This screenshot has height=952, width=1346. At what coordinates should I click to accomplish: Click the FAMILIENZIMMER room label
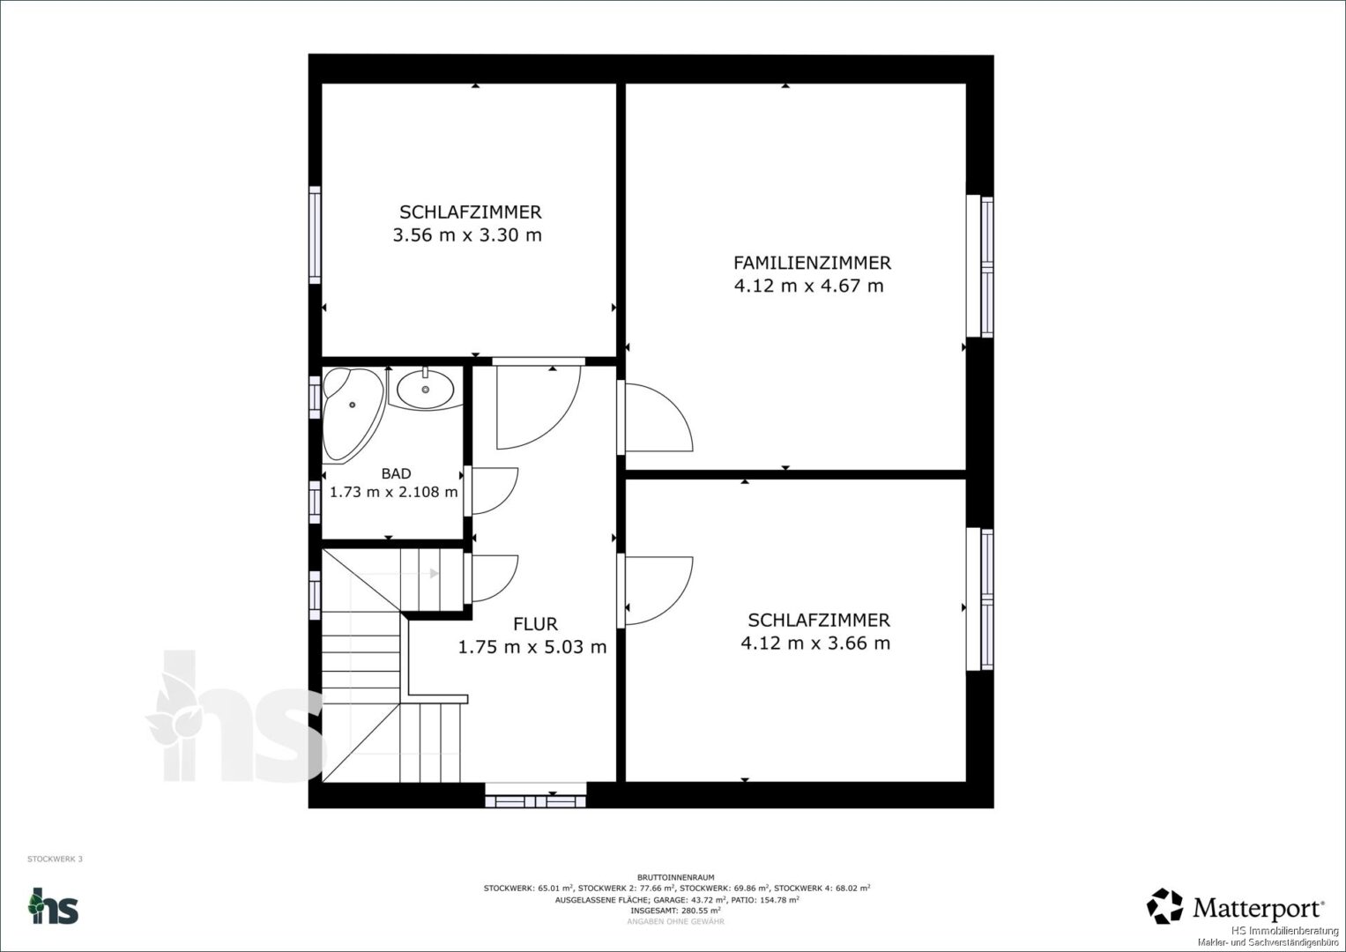812,264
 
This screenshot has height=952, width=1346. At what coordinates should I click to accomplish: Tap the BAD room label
396,473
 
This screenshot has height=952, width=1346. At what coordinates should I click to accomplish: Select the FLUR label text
535,624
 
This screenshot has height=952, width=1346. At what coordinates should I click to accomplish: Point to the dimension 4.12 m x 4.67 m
809,286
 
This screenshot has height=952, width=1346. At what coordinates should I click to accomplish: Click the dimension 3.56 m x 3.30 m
467,235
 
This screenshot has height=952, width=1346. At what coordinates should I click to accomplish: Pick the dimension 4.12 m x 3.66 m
815,643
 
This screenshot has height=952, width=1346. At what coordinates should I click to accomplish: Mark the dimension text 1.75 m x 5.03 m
532,647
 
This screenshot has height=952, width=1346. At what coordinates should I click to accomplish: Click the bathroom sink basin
426,390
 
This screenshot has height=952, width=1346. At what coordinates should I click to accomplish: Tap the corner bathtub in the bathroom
353,413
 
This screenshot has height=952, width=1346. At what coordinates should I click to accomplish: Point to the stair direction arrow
434,573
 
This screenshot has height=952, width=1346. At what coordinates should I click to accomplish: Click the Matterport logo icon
1164,906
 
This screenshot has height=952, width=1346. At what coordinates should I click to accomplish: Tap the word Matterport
1258,908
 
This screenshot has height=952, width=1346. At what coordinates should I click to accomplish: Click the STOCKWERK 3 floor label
55,859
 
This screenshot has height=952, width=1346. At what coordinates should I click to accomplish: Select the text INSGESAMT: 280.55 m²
676,911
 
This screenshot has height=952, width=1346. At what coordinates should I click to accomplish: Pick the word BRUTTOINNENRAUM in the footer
676,877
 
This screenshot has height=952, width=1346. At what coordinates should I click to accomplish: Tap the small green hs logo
53,906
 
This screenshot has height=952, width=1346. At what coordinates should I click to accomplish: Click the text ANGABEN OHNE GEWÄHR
676,921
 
